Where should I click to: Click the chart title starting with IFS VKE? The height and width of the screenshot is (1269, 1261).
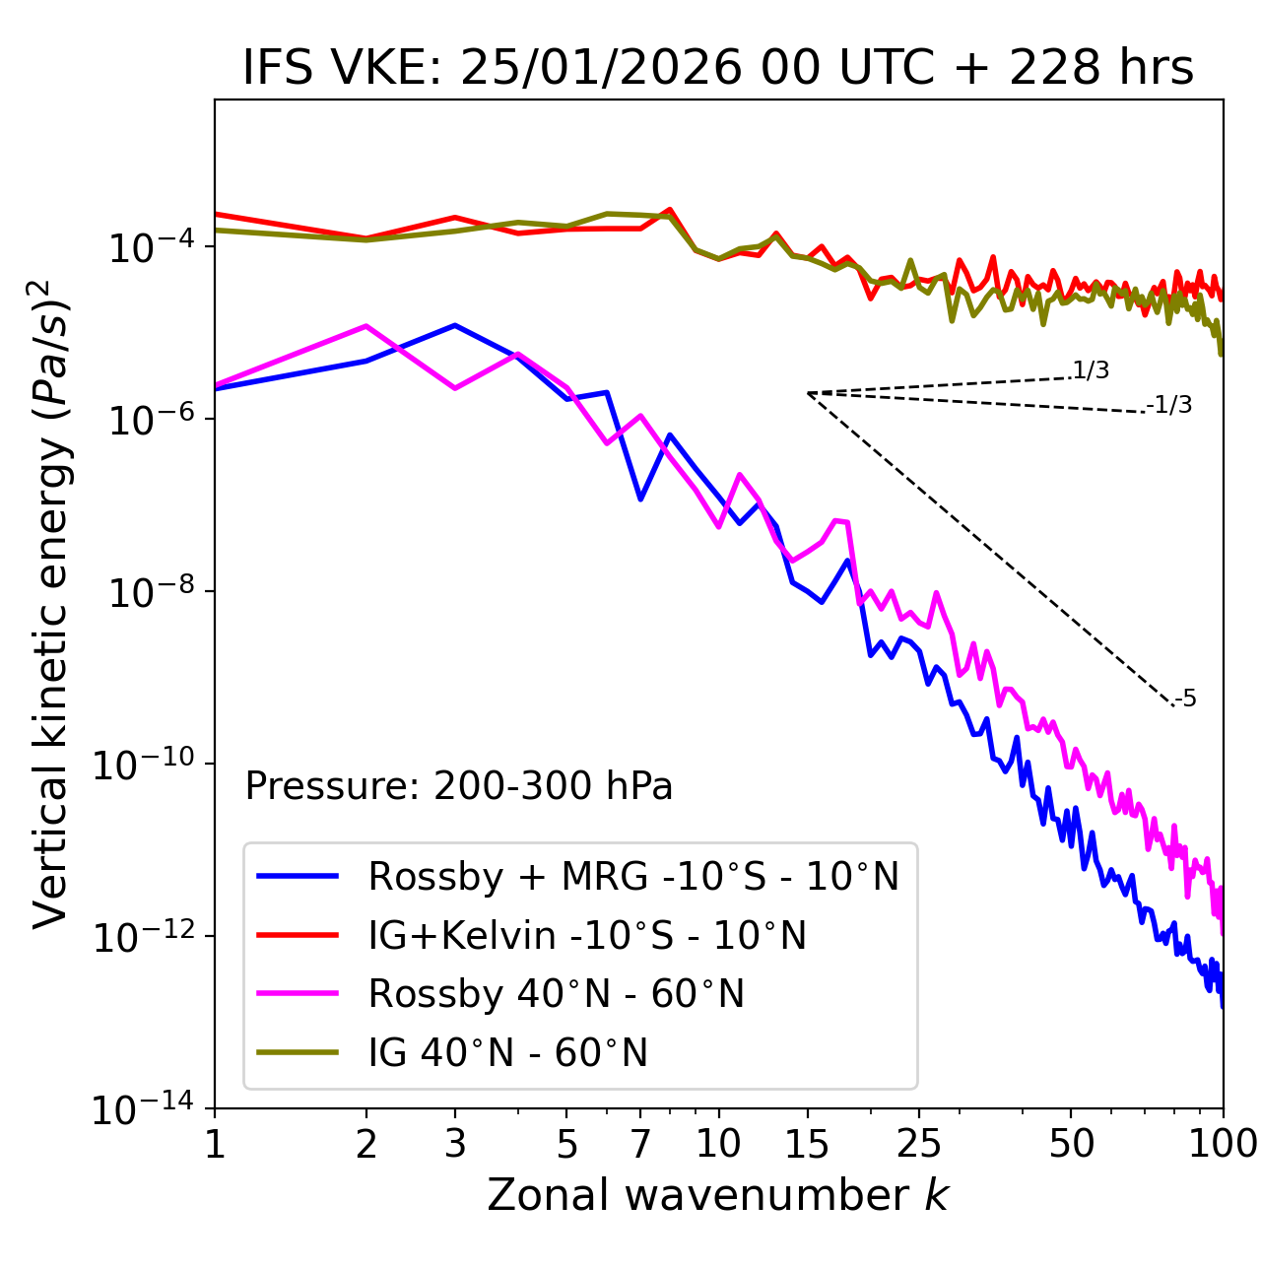tap(718, 68)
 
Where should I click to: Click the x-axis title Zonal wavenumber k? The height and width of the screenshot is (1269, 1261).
tap(717, 1195)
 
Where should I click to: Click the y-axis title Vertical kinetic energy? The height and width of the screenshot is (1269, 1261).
tap(51, 603)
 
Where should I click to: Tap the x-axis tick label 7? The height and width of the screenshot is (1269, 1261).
tap(640, 1144)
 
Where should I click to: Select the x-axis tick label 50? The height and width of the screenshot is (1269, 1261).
tap(1071, 1144)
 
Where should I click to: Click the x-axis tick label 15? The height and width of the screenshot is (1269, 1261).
tap(807, 1144)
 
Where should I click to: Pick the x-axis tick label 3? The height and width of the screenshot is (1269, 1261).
tap(454, 1144)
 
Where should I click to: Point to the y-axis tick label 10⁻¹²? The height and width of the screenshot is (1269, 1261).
tap(143, 937)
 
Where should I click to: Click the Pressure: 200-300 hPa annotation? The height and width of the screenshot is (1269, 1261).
tap(458, 786)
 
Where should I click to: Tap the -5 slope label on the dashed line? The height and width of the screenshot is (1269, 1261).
tap(1185, 700)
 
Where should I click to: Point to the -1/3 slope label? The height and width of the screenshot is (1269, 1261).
tap(1170, 405)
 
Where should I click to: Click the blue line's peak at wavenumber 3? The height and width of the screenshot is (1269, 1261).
tap(454, 325)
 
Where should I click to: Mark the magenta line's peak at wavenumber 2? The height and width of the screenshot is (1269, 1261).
tap(366, 326)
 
